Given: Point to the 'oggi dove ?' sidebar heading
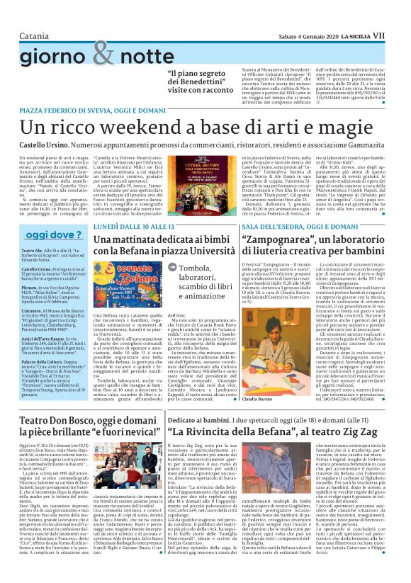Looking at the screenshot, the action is tap(53, 234).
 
